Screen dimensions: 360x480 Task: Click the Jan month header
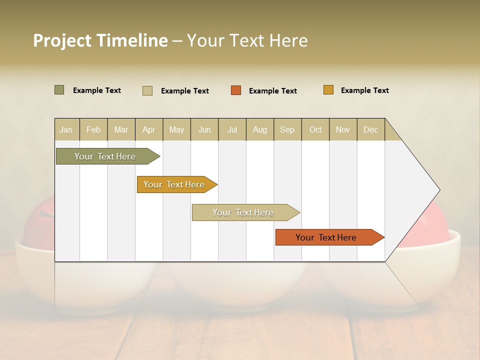(x=66, y=129)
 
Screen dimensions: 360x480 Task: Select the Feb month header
(x=93, y=129)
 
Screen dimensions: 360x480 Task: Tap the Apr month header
(x=149, y=129)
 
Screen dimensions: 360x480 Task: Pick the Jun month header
(x=204, y=129)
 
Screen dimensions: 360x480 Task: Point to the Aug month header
(x=260, y=129)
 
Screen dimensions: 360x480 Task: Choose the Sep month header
(x=287, y=129)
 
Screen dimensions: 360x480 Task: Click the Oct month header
(x=315, y=129)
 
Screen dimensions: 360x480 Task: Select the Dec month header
(x=371, y=129)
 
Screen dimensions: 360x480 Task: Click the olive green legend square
(x=59, y=90)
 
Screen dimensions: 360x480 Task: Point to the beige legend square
(x=147, y=90)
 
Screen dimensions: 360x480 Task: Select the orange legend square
(x=236, y=90)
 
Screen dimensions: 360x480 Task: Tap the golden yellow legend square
(x=328, y=90)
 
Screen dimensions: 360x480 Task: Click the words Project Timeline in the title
(x=100, y=40)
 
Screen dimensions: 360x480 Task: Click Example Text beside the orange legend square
(x=273, y=90)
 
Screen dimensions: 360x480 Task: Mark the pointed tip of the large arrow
(x=438, y=190)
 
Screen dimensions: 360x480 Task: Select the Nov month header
(x=343, y=129)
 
